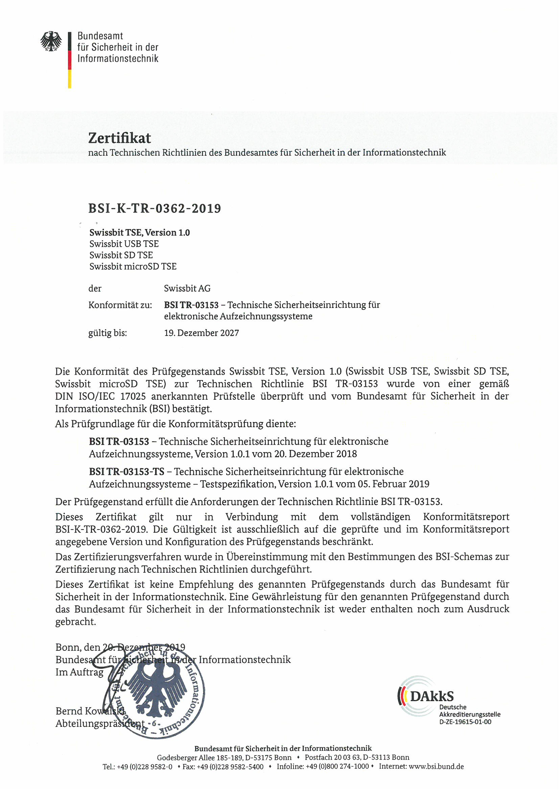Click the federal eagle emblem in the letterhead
(51, 41)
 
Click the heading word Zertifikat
(119, 138)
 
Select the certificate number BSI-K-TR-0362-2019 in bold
(155, 208)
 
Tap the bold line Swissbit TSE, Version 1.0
(139, 232)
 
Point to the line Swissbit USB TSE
(124, 244)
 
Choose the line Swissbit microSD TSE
(133, 266)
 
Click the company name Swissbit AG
(187, 288)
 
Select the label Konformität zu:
(120, 305)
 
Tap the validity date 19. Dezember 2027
(202, 333)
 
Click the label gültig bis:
(108, 333)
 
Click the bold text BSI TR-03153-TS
(126, 471)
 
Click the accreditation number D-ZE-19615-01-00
(465, 722)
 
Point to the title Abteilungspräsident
(100, 723)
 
